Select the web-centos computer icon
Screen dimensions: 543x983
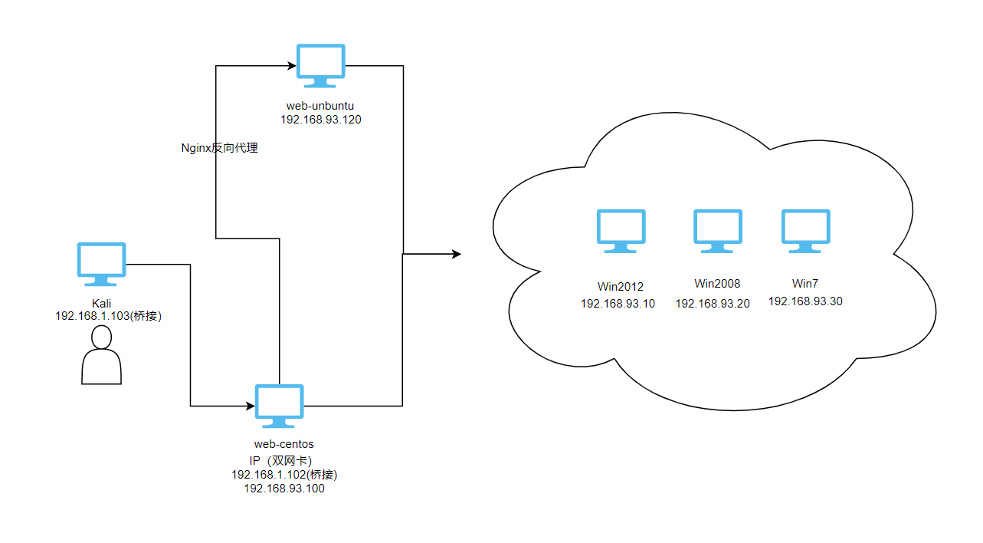(x=279, y=404)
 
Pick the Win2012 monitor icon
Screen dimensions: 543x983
(x=621, y=229)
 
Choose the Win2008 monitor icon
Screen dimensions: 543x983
(x=718, y=229)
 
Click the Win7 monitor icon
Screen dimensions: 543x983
(x=805, y=229)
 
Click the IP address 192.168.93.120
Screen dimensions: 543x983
(x=321, y=120)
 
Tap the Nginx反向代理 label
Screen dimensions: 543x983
(x=219, y=148)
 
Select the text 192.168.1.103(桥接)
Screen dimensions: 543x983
(x=108, y=316)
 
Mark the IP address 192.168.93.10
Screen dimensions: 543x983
(x=618, y=303)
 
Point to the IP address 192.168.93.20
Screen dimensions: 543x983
(x=713, y=303)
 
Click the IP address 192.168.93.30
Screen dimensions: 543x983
(x=805, y=301)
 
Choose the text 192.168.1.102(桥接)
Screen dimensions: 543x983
(x=284, y=475)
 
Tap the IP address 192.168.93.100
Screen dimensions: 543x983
(x=284, y=489)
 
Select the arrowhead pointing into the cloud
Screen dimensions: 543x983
(x=457, y=253)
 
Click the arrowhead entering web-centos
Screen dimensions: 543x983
(x=250, y=405)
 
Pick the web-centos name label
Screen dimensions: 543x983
(x=283, y=444)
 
